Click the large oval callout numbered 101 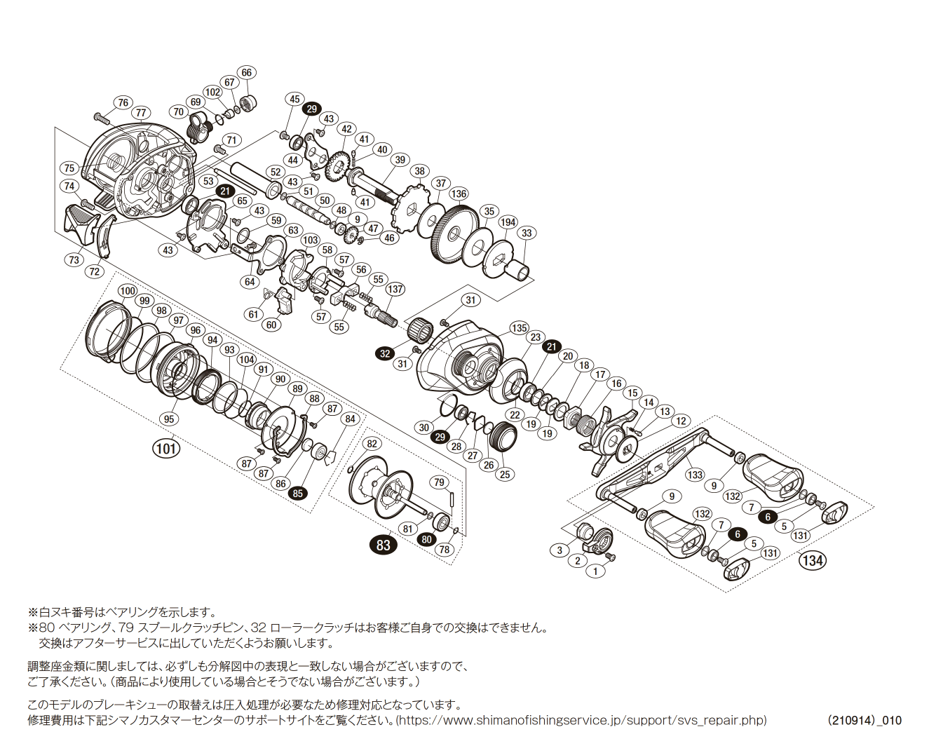pyautogui.click(x=166, y=448)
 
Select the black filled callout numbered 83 pyautogui.click(x=383, y=545)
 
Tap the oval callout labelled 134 pyautogui.click(x=813, y=560)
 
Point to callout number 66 pyautogui.click(x=246, y=73)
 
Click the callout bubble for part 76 pyautogui.click(x=123, y=103)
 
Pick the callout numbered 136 pyautogui.click(x=459, y=194)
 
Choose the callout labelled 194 pyautogui.click(x=508, y=222)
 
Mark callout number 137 pyautogui.click(x=395, y=289)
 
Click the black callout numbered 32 pyautogui.click(x=385, y=353)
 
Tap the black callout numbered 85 pyautogui.click(x=299, y=493)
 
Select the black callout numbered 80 pyautogui.click(x=426, y=539)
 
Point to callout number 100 pyautogui.click(x=127, y=291)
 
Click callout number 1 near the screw pyautogui.click(x=595, y=571)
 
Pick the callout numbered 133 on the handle pyautogui.click(x=695, y=475)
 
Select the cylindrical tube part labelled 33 pyautogui.click(x=518, y=268)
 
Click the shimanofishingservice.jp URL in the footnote pyautogui.click(x=581, y=720)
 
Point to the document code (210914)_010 pyautogui.click(x=864, y=720)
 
